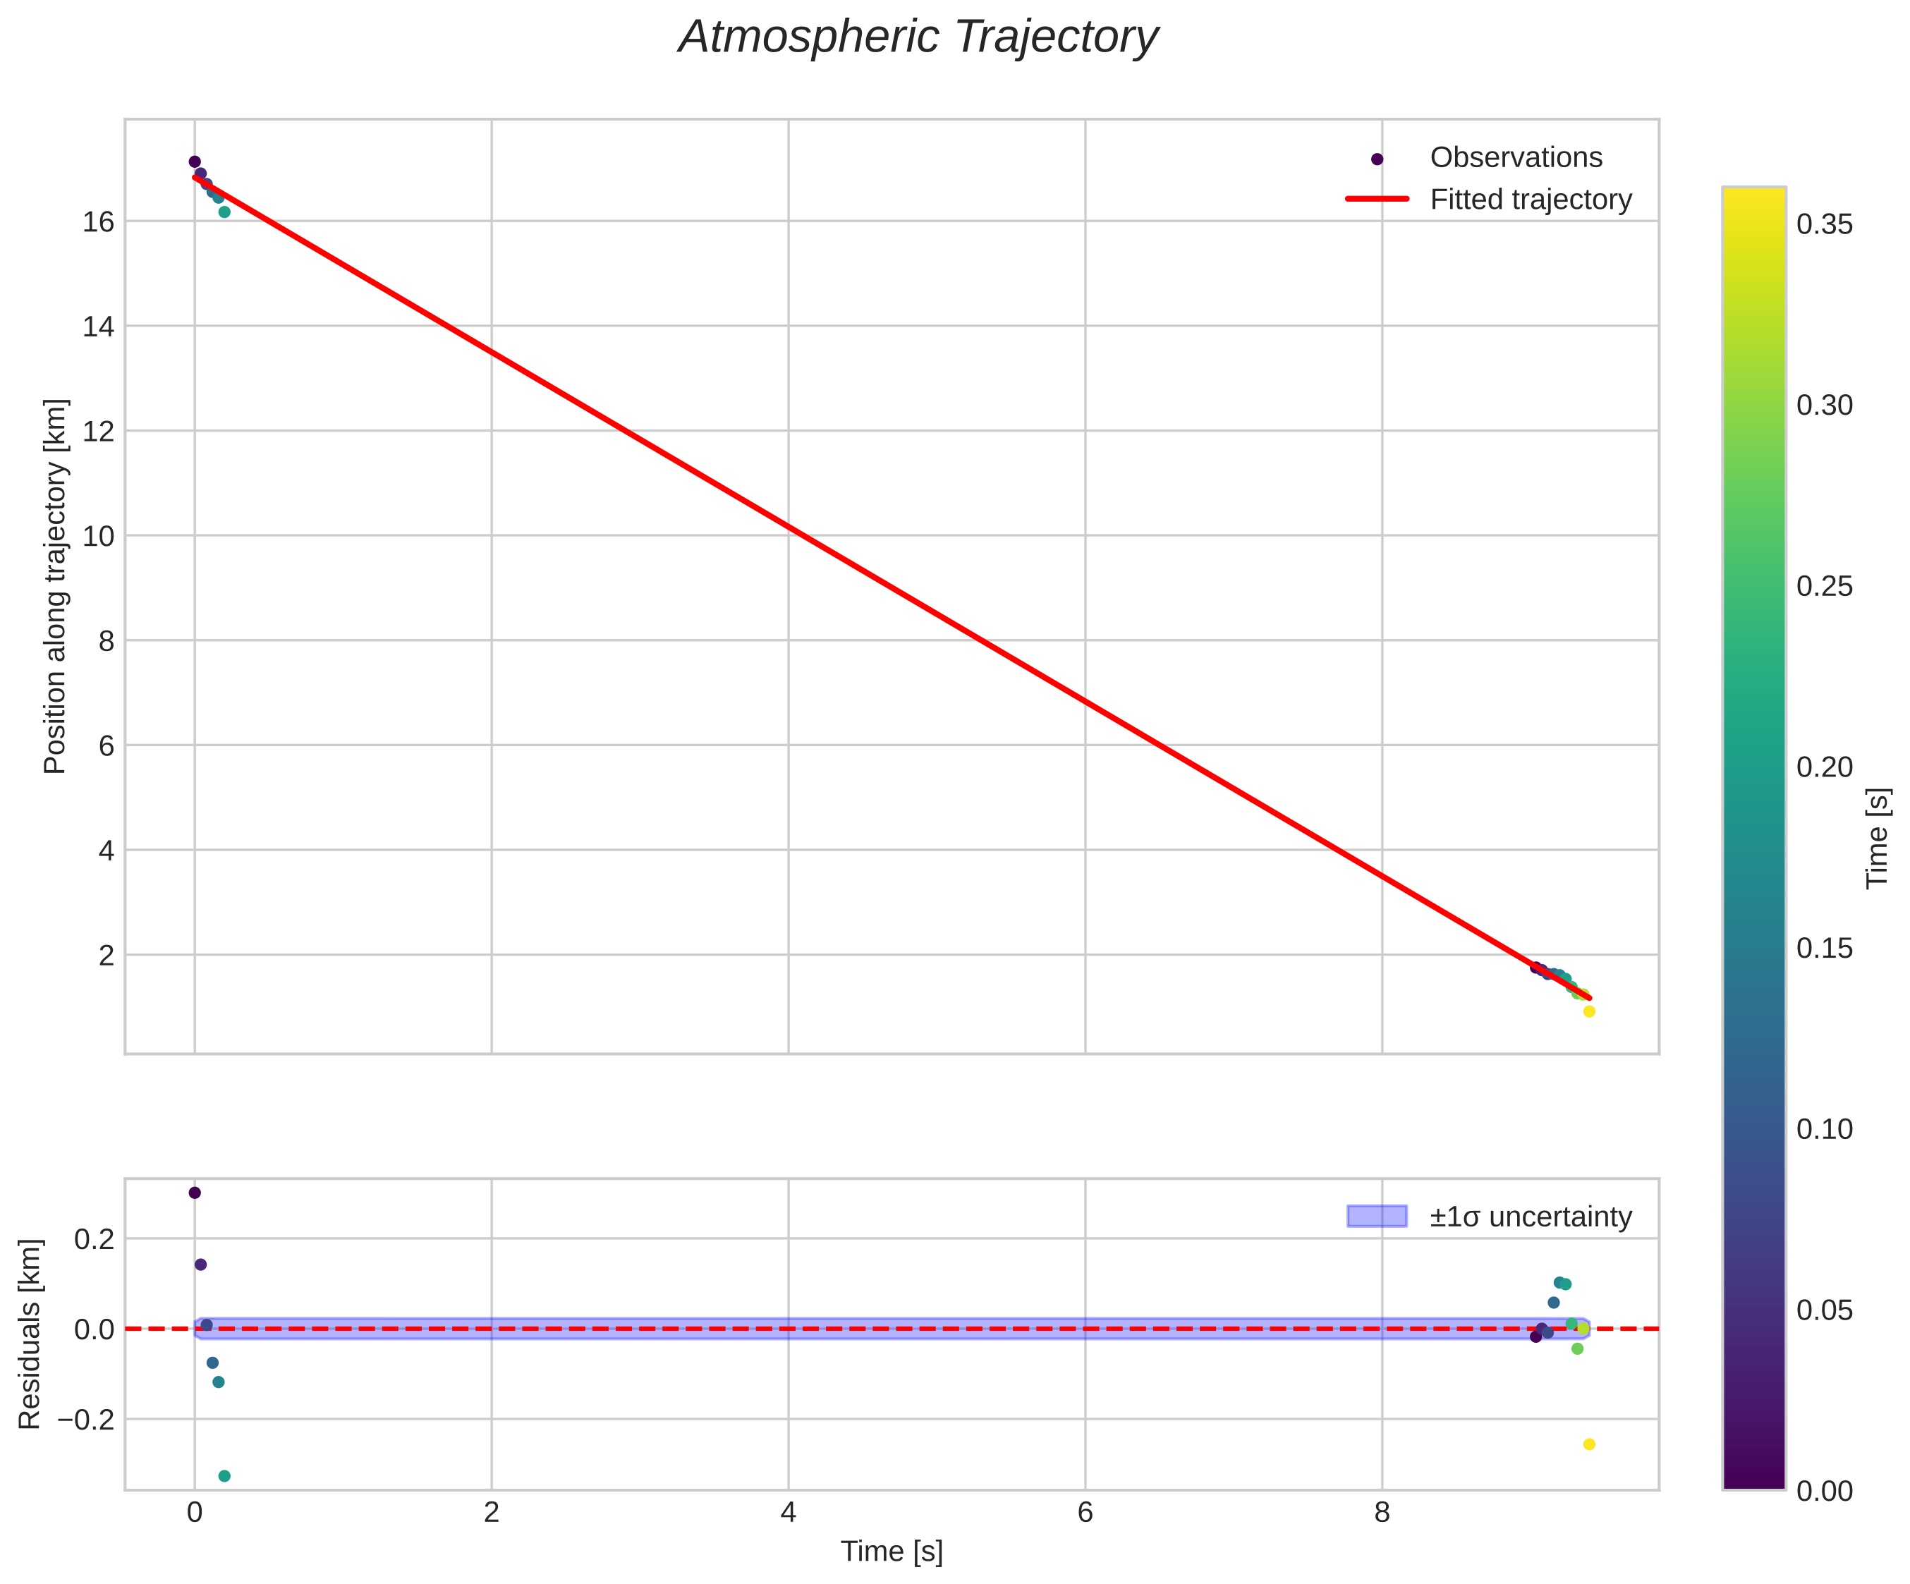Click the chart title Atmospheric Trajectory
pyautogui.click(x=918, y=38)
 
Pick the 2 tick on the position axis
pyautogui.click(x=107, y=956)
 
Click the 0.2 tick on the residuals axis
pyautogui.click(x=95, y=1239)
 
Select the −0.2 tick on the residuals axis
pyautogui.click(x=87, y=1420)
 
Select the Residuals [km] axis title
pyautogui.click(x=30, y=1334)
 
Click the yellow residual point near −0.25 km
pyautogui.click(x=1589, y=1444)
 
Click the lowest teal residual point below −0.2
pyautogui.click(x=225, y=1476)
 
